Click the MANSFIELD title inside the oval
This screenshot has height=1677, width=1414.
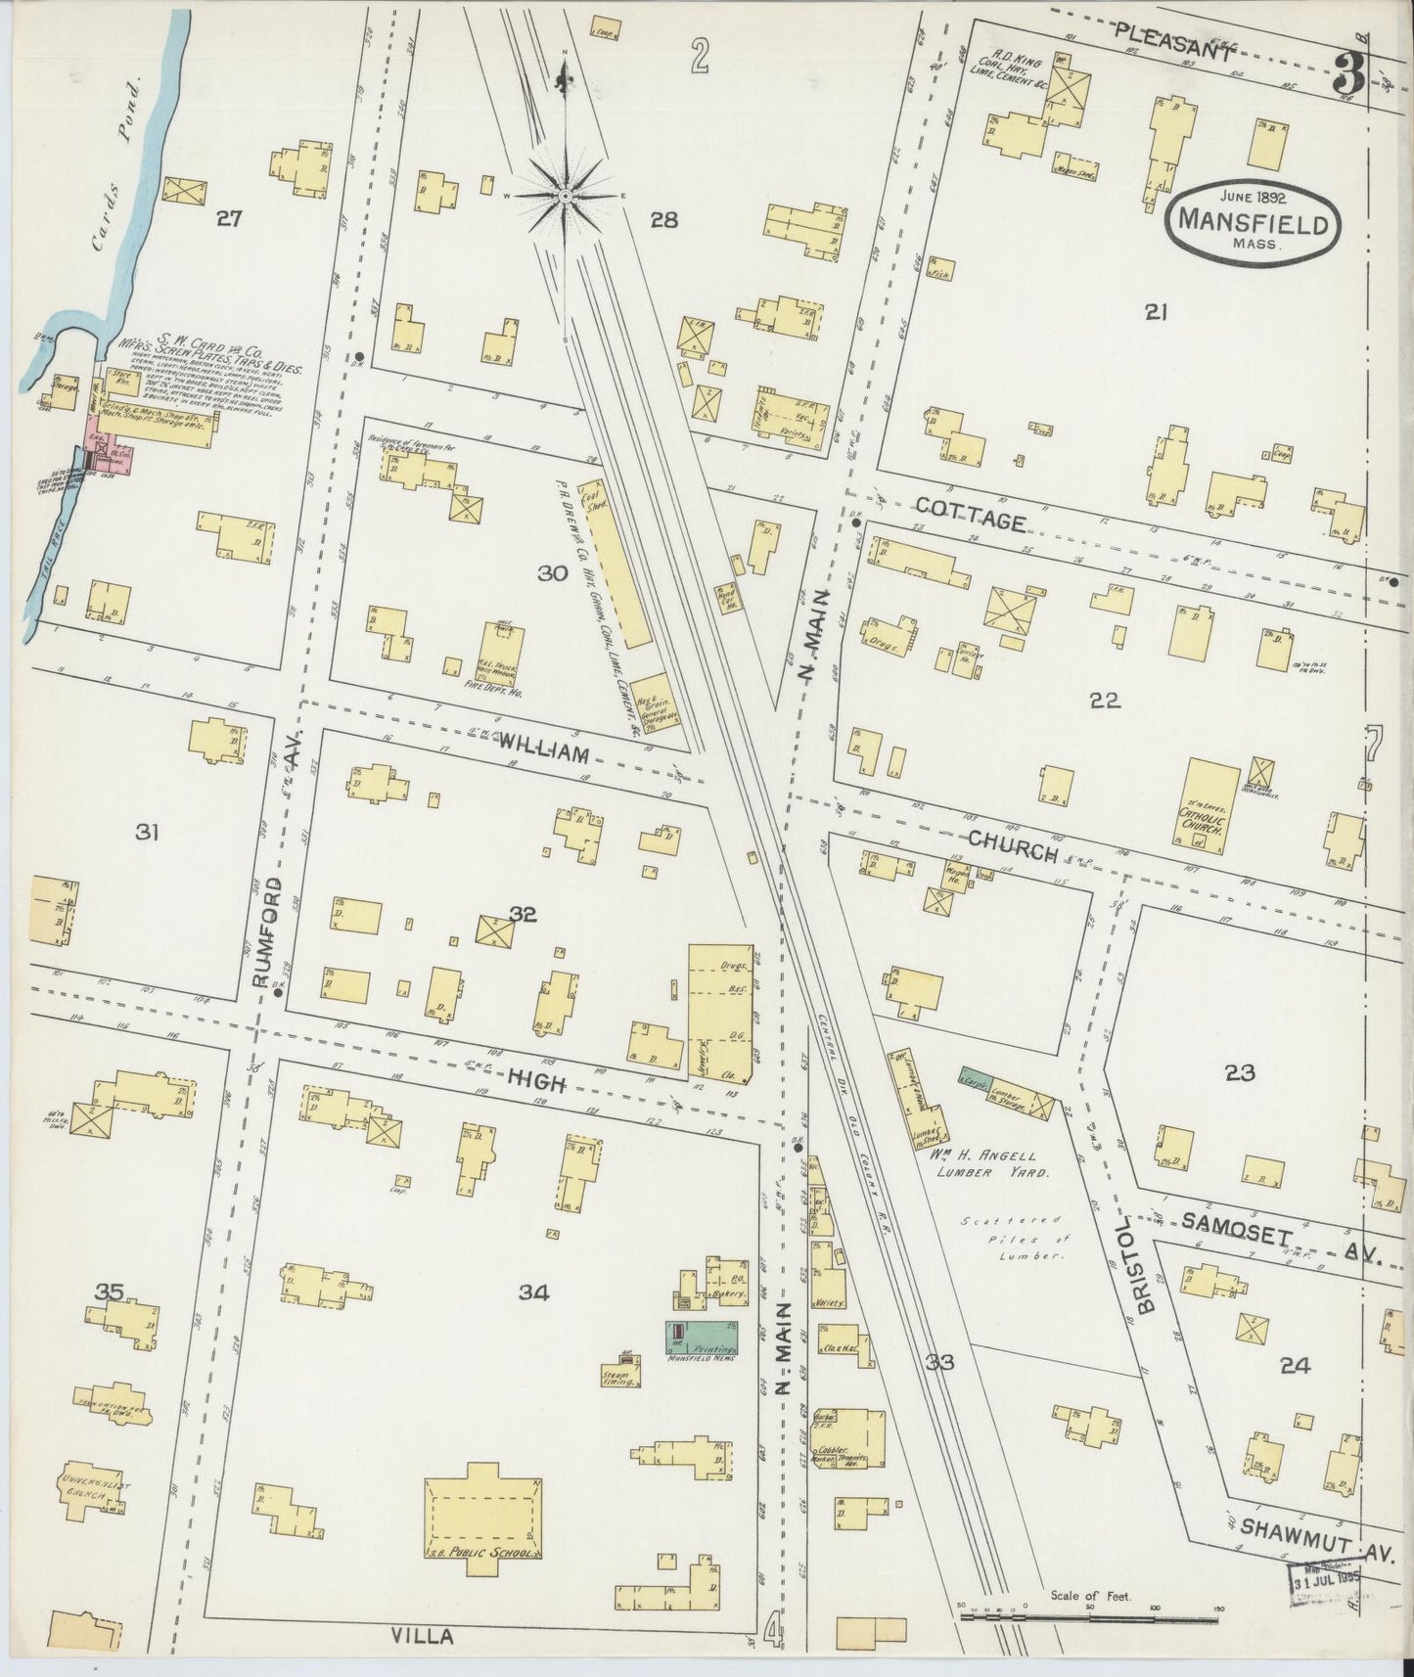pyautogui.click(x=1252, y=223)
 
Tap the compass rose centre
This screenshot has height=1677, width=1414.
pyautogui.click(x=566, y=197)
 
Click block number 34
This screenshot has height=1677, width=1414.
pyautogui.click(x=533, y=1292)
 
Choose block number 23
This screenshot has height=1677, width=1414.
pyautogui.click(x=1238, y=1073)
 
